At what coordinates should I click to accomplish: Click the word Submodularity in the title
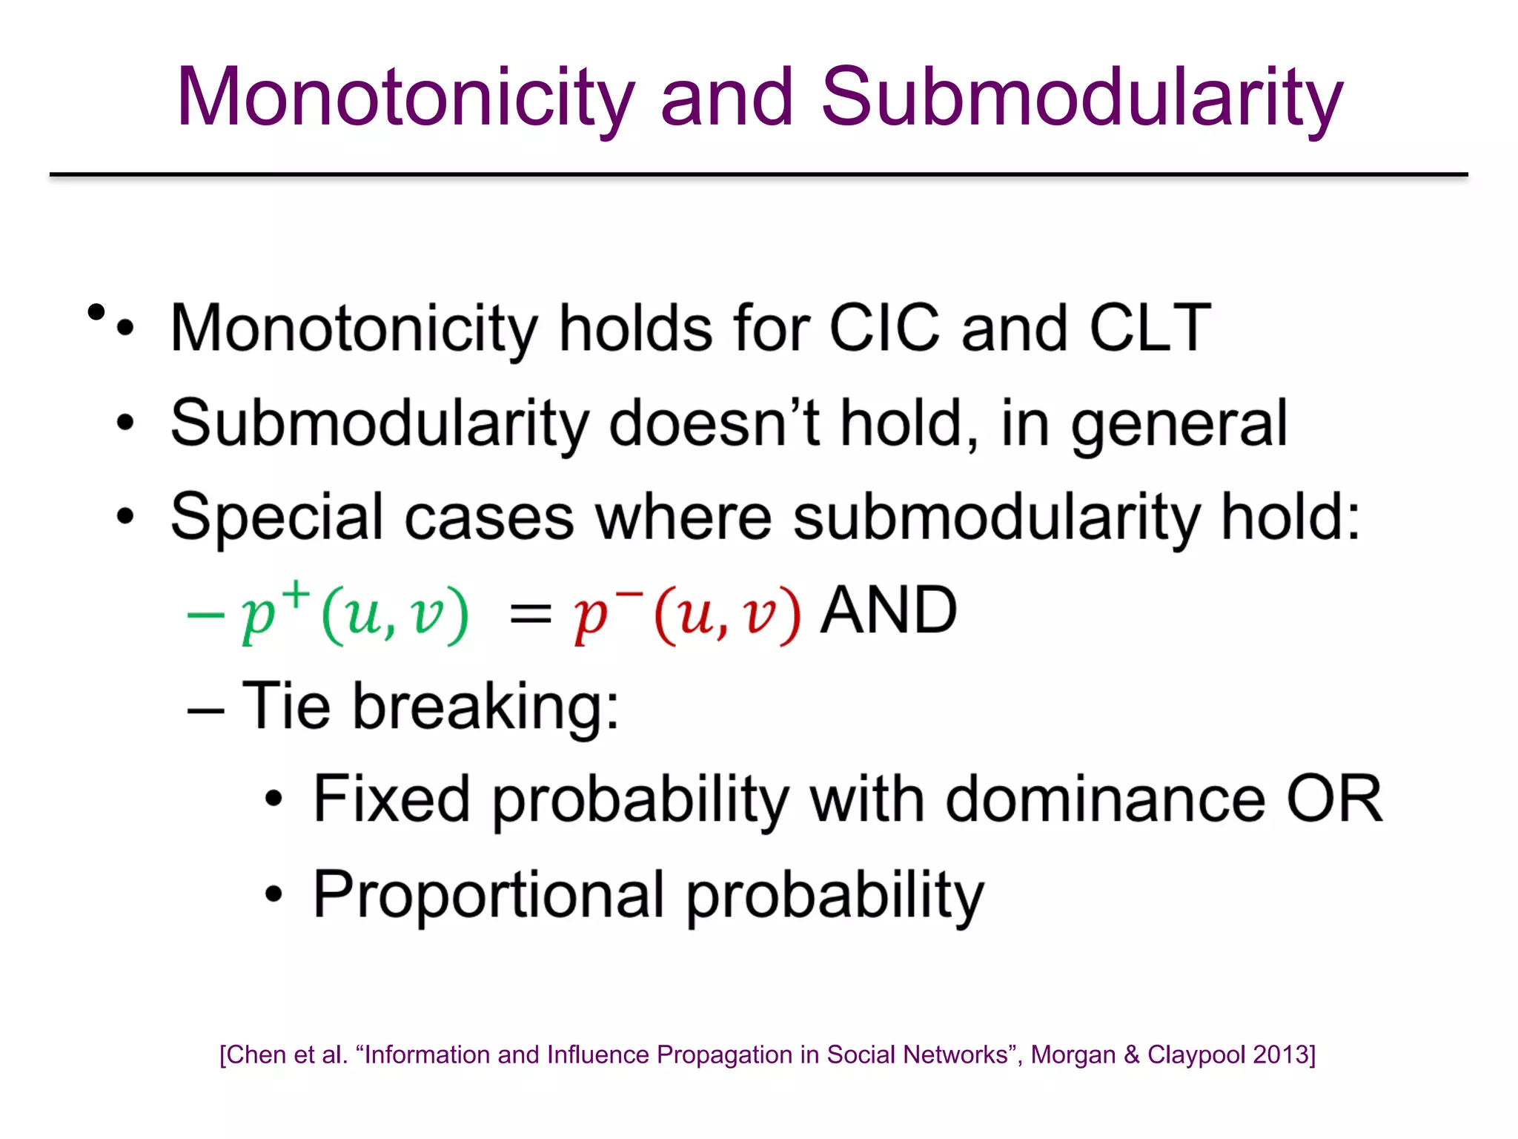coord(1081,97)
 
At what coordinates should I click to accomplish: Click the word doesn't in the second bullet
coord(715,423)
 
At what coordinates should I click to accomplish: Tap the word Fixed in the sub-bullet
coord(391,799)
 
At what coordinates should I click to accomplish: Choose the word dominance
coord(1105,799)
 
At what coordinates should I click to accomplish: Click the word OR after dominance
coord(1334,799)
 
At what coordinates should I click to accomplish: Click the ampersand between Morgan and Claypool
coord(1131,1054)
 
